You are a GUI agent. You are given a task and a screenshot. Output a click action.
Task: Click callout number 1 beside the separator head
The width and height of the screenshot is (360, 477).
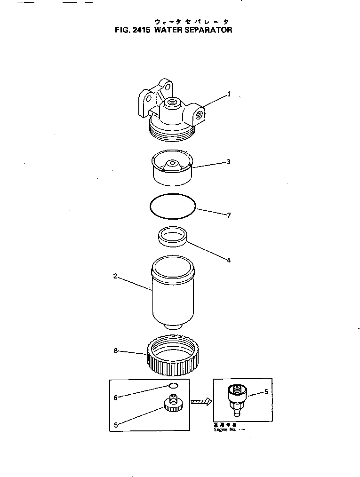[229, 94]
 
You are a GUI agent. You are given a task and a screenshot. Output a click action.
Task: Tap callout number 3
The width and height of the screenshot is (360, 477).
[228, 162]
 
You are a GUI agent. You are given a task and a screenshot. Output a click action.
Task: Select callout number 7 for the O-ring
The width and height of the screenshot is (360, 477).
[229, 215]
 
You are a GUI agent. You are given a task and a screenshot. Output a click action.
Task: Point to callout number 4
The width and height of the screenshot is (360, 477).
[228, 259]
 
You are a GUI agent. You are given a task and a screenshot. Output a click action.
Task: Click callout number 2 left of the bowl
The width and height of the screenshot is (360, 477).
[115, 276]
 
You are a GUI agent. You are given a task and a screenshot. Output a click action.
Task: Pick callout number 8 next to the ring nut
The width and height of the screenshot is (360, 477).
[115, 351]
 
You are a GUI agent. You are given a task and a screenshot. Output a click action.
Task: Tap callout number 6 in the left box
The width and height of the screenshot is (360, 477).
[115, 397]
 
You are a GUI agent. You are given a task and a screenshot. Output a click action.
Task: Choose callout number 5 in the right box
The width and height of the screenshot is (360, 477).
[266, 391]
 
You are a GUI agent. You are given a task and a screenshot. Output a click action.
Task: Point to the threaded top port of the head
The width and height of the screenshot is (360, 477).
[171, 102]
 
